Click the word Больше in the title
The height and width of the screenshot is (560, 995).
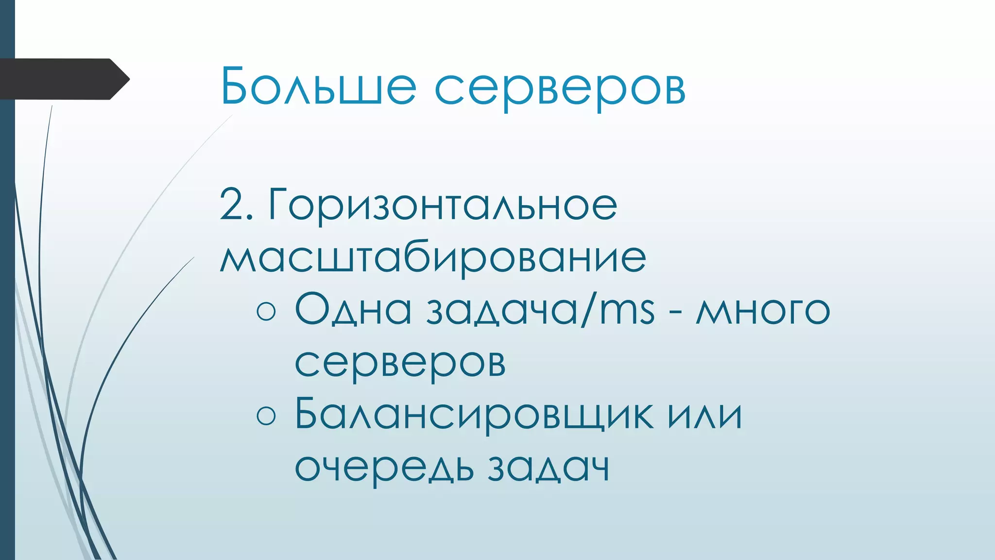(318, 86)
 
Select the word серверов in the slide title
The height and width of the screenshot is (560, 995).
(560, 88)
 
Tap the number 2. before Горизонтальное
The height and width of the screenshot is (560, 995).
(236, 205)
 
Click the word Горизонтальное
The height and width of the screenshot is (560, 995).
(443, 205)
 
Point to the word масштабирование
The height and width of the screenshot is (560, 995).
(433, 258)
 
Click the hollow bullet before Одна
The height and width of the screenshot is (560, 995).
(266, 311)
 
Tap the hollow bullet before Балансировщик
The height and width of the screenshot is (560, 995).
(266, 416)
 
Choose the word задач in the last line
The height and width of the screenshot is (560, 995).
(549, 468)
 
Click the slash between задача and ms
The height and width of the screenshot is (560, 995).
(588, 310)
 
